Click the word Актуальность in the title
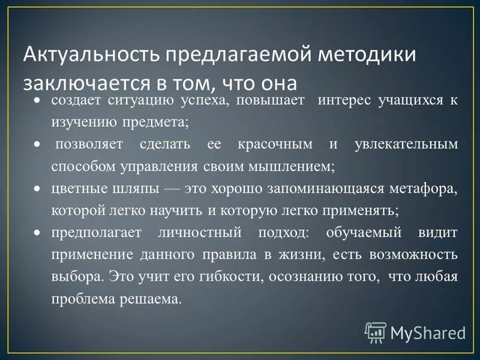click(90, 56)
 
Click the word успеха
click(202, 100)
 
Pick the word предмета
click(159, 122)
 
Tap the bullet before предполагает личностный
click(38, 232)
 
